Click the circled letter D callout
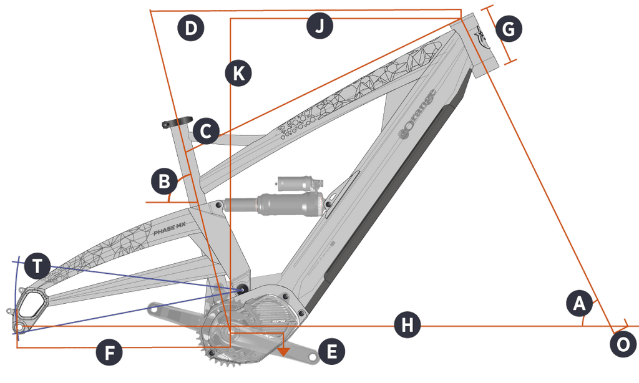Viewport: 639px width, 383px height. pyautogui.click(x=190, y=29)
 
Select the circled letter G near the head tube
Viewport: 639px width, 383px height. pyautogui.click(x=509, y=29)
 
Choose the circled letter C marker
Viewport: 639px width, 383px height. pyautogui.click(x=206, y=132)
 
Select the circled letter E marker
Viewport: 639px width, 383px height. pyautogui.click(x=331, y=352)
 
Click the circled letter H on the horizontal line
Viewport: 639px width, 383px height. pyautogui.click(x=407, y=326)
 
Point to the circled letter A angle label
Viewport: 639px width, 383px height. pyautogui.click(x=579, y=304)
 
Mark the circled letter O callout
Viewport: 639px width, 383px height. pyautogui.click(x=622, y=344)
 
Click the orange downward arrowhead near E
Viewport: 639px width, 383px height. pyautogui.click(x=284, y=351)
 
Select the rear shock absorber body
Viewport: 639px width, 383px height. pyautogui.click(x=275, y=204)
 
